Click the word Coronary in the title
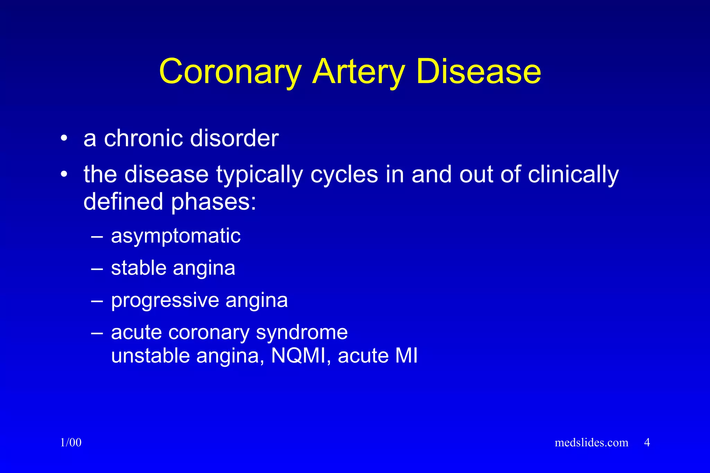pyautogui.click(x=230, y=72)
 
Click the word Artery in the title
pyautogui.click(x=358, y=72)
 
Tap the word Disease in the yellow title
pyautogui.click(x=478, y=72)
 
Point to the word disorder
pyautogui.click(x=234, y=138)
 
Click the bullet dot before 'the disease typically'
pyautogui.click(x=63, y=175)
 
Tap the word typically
pyautogui.click(x=259, y=175)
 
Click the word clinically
pyautogui.click(x=573, y=175)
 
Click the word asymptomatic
pyautogui.click(x=176, y=237)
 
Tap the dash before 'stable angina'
pyautogui.click(x=97, y=269)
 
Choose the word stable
pyautogui.click(x=139, y=268)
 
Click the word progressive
pyautogui.click(x=165, y=300)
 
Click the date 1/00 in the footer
pyautogui.click(x=71, y=443)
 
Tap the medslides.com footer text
pyautogui.click(x=591, y=443)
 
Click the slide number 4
pyautogui.click(x=647, y=443)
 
